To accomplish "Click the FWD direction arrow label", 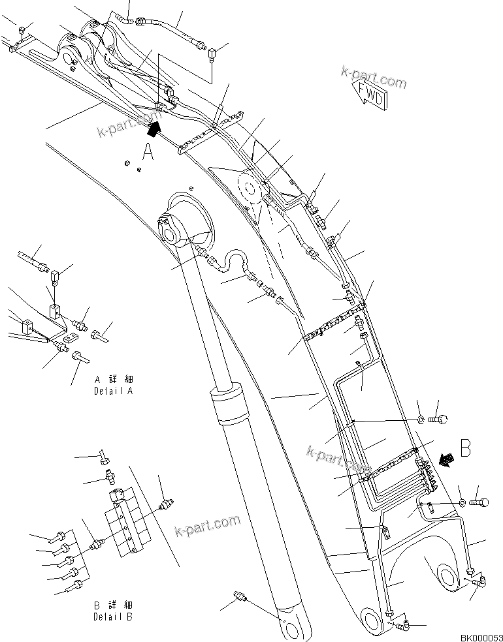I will tap(370, 95).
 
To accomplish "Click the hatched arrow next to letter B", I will tap(447, 460).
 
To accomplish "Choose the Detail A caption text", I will tap(114, 385).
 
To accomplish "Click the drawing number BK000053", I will tap(480, 636).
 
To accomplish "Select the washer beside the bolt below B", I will tap(461, 502).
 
